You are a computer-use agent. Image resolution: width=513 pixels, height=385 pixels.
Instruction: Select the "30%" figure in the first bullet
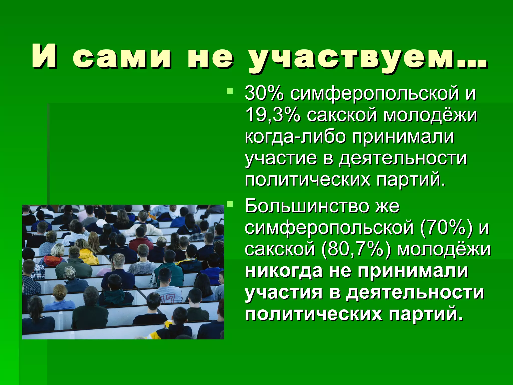pyautogui.click(x=264, y=93)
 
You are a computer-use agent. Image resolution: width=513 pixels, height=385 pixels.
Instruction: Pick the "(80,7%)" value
pyautogui.click(x=356, y=250)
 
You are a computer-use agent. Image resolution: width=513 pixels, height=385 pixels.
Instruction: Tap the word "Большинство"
pyautogui.click(x=307, y=206)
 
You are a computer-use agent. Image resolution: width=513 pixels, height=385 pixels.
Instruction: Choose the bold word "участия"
pyautogui.click(x=283, y=293)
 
